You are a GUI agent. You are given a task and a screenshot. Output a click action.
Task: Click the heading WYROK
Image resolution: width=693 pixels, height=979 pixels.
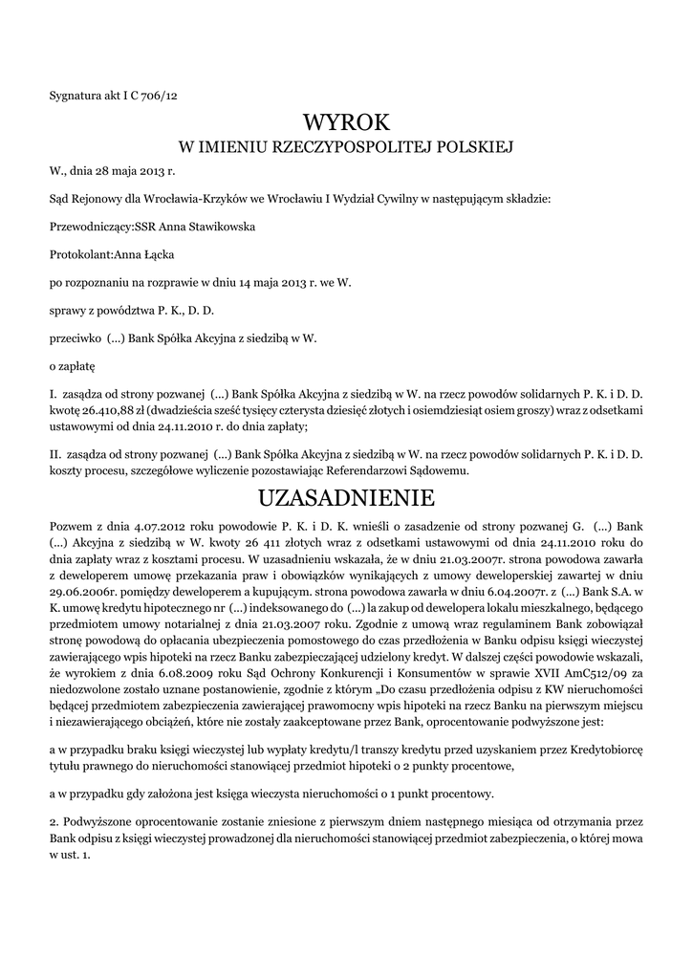[x=346, y=122]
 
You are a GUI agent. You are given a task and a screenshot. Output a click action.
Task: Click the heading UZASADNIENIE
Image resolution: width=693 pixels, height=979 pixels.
[x=346, y=498]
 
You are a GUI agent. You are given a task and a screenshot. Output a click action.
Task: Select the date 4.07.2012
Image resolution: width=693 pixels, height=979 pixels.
[x=141, y=527]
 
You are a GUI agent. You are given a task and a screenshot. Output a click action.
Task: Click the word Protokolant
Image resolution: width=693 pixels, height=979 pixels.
[x=80, y=254]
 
